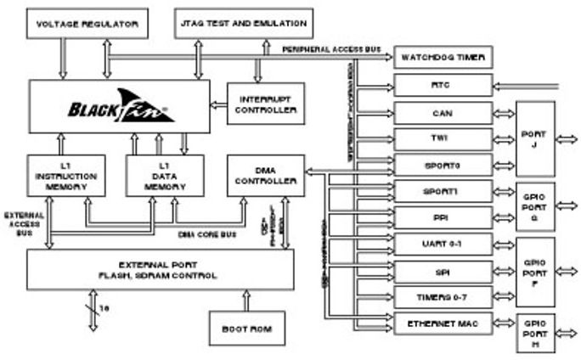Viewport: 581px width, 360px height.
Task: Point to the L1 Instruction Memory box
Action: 66,175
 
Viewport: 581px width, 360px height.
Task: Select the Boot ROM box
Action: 246,329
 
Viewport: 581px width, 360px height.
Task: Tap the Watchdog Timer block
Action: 443,58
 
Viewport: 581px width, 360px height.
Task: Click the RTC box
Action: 443,85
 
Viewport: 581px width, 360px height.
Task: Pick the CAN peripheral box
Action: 443,112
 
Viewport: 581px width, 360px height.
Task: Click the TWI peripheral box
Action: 443,138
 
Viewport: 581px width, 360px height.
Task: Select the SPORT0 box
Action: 443,164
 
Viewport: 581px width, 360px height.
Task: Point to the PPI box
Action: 443,217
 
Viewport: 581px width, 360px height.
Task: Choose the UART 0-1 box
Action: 443,245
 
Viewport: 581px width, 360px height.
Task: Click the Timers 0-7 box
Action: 443,297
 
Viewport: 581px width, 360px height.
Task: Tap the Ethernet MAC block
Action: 443,323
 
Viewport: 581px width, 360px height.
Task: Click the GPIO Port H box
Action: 535,333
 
